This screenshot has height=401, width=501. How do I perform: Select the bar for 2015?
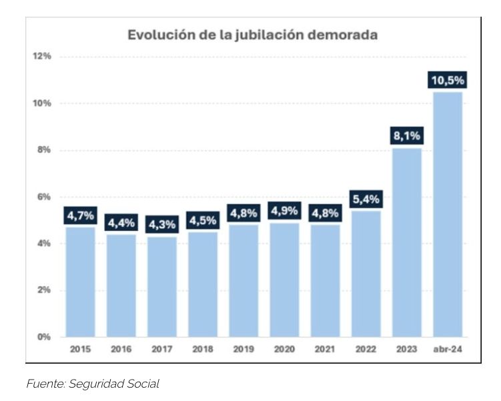click(x=80, y=282)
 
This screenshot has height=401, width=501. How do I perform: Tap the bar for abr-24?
click(x=448, y=214)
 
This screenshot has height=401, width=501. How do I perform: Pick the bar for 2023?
click(x=407, y=242)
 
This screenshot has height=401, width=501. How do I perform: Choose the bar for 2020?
click(x=284, y=280)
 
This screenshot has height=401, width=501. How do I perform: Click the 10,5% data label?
click(x=448, y=80)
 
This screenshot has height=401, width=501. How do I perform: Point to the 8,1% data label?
click(x=407, y=136)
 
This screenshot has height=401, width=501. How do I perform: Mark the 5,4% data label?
click(x=366, y=199)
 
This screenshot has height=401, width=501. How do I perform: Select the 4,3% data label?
click(x=162, y=225)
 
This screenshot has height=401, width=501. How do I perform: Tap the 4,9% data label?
click(x=284, y=211)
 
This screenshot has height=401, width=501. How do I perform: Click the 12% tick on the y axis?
click(x=43, y=56)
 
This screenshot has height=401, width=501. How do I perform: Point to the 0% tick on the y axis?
click(x=44, y=337)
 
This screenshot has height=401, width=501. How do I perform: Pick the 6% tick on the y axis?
click(x=44, y=197)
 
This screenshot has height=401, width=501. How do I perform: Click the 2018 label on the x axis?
click(x=203, y=349)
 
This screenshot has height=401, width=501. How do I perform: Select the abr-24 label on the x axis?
click(x=448, y=349)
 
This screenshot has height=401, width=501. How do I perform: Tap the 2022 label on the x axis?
click(x=366, y=349)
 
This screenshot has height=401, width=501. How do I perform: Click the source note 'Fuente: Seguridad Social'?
click(x=93, y=384)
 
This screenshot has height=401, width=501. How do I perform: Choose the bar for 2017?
click(x=162, y=287)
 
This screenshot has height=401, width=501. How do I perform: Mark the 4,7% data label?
click(x=80, y=216)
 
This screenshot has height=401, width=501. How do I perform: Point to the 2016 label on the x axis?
click(x=121, y=349)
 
